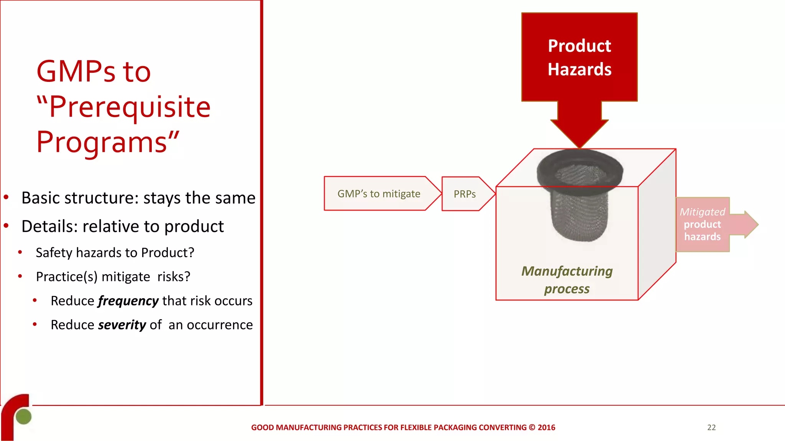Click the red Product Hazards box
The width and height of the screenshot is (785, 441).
click(579, 57)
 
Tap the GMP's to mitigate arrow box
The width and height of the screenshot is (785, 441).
click(379, 194)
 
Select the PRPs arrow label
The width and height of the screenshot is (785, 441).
click(465, 194)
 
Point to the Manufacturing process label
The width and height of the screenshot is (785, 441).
click(567, 280)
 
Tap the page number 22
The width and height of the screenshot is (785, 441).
click(711, 428)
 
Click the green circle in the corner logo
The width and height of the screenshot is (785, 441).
click(24, 416)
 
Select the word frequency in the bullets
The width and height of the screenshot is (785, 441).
click(128, 301)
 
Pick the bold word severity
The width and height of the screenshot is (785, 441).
click(122, 325)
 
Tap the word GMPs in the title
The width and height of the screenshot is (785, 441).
click(76, 72)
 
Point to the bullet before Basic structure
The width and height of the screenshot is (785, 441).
click(6, 198)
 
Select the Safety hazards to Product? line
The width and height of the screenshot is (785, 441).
click(115, 253)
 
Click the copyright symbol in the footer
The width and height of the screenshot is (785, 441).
click(532, 428)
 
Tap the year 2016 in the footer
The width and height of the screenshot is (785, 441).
click(547, 428)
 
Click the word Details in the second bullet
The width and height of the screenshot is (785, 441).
click(47, 226)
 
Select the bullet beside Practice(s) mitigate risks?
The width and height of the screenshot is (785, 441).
click(20, 276)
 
